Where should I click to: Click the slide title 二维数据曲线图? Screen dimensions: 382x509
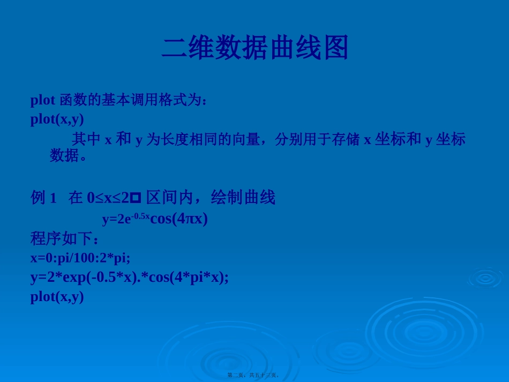coord(255,48)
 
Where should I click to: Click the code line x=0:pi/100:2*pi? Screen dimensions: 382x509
coord(80,258)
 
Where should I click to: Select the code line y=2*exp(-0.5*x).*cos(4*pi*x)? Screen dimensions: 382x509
coord(129,277)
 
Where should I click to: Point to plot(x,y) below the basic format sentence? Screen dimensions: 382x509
coord(57,119)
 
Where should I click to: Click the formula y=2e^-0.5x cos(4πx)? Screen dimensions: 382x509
coord(154,219)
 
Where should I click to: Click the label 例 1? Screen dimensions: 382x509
coord(43,198)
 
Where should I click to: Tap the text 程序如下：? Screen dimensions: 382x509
coord(65,238)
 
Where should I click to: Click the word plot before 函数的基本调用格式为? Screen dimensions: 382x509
coord(43,100)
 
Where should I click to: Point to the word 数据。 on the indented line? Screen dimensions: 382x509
coord(68,156)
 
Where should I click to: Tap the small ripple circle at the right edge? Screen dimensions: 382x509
coord(485,278)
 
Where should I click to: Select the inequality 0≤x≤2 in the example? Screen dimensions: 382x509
coord(108,198)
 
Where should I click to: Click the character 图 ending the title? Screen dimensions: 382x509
coord(335,48)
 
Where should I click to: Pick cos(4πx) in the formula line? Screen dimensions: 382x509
coord(179,219)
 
